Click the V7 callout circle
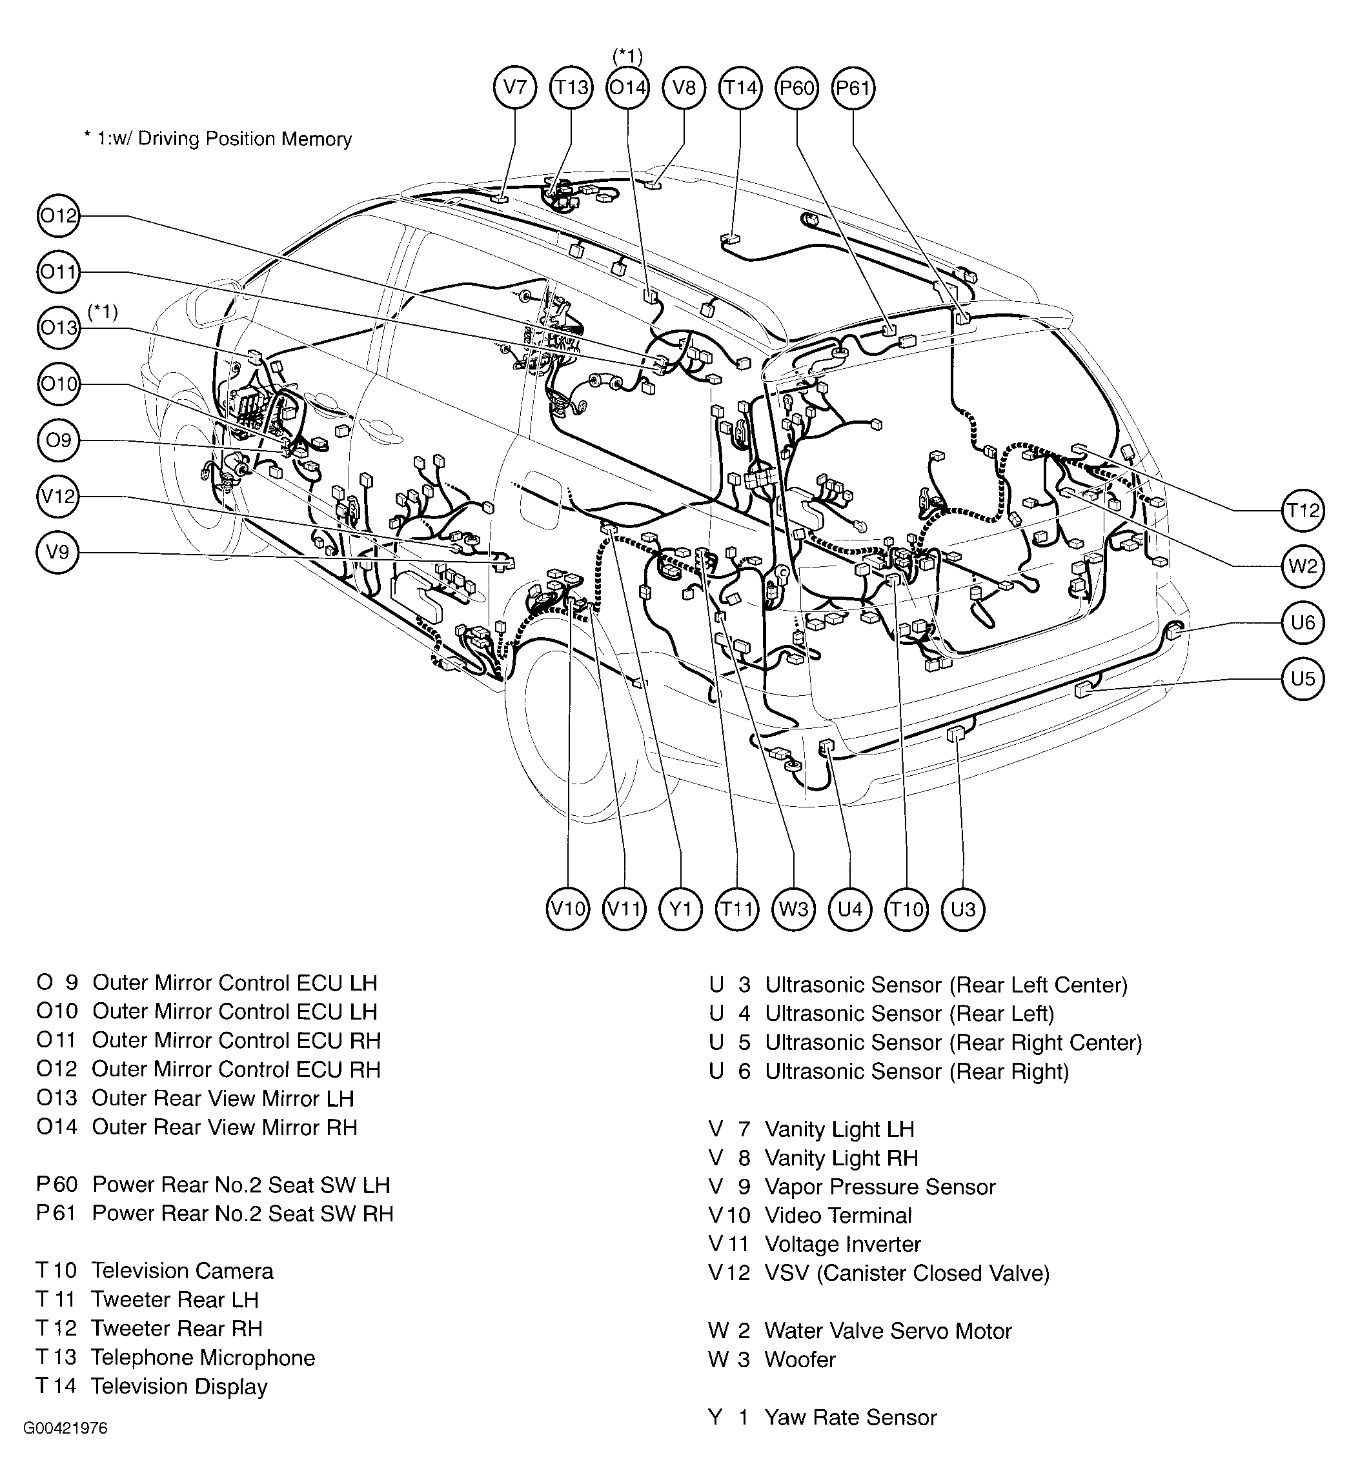514,88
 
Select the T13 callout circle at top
571,88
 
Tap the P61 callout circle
853,88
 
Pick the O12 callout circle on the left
58,215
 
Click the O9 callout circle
58,440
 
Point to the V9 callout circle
57,551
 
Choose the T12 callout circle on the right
1303,510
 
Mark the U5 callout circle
1303,678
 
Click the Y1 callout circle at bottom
680,909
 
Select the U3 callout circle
963,909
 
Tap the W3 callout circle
794,909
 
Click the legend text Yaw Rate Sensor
850,1418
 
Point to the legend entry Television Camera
181,1270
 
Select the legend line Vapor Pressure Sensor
880,1187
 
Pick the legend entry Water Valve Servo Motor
888,1330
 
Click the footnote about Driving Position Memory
218,139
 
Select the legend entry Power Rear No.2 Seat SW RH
242,1213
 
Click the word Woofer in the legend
800,1359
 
